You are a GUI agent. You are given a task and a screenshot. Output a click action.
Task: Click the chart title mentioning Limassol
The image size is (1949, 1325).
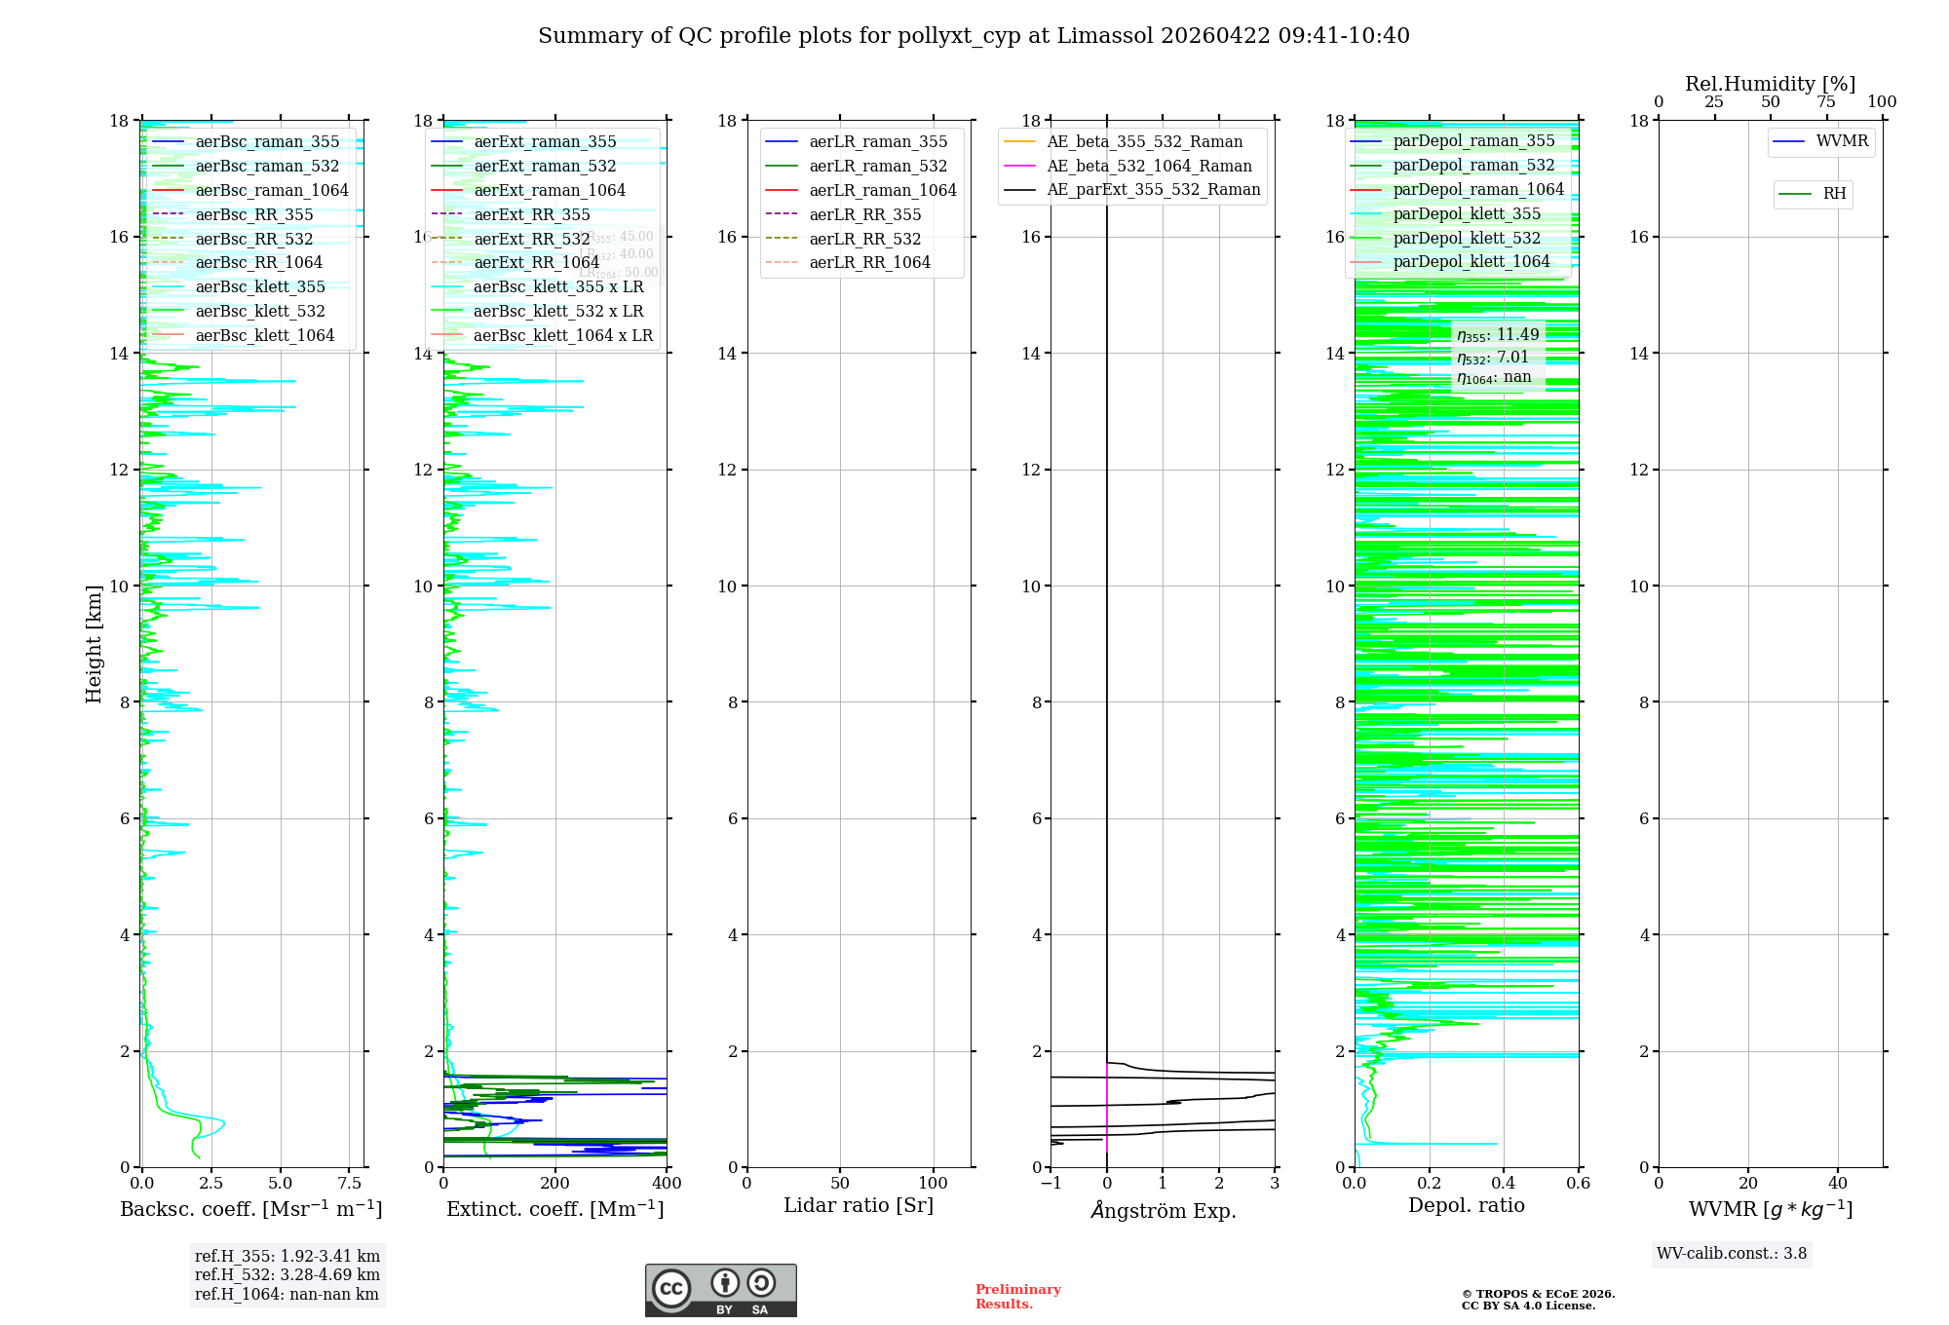pos(974,36)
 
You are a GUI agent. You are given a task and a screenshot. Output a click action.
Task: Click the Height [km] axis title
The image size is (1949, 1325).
pos(94,644)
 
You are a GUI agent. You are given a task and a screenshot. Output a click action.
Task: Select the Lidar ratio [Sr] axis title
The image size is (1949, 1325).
pos(859,1206)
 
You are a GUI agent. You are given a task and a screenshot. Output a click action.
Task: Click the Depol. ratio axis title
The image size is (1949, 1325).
pos(1466,1206)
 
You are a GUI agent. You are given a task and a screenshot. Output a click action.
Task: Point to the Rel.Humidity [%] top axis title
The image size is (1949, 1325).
pos(1770,85)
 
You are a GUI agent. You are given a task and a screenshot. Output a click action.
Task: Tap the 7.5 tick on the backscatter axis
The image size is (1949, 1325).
pos(350,1184)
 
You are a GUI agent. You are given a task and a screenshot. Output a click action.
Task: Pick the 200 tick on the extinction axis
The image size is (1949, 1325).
pos(555,1184)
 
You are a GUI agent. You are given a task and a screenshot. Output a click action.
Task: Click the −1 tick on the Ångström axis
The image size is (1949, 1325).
pos(1051,1184)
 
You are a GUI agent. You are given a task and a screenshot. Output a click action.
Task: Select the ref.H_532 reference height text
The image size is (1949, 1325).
pos(287,1275)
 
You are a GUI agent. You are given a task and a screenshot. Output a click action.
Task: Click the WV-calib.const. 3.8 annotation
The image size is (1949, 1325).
pos(1732,1254)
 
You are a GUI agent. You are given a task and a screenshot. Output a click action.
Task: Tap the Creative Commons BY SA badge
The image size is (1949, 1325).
pos(720,1291)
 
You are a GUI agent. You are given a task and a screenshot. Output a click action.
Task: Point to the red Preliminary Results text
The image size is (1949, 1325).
pos(1017,1297)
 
